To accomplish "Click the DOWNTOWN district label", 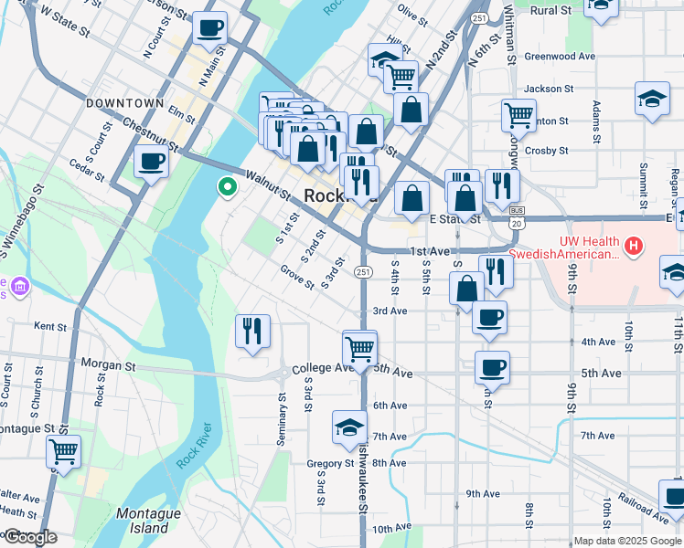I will pyautogui.click(x=124, y=103).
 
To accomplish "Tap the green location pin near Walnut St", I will pyautogui.click(x=226, y=187).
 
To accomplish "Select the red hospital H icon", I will pyautogui.click(x=632, y=246).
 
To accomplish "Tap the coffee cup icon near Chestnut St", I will pyautogui.click(x=151, y=162).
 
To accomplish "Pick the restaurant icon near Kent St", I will pyautogui.click(x=252, y=331).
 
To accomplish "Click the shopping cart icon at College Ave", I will pyautogui.click(x=359, y=348).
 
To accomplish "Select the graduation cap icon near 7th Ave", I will pyautogui.click(x=348, y=427).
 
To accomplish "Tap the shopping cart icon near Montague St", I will pyautogui.click(x=63, y=450).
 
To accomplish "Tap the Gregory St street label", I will pyautogui.click(x=330, y=464).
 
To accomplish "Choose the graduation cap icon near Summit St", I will pyautogui.click(x=651, y=100).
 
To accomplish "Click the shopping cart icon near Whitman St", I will pyautogui.click(x=518, y=115).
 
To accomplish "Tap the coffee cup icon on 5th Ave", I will pyautogui.click(x=492, y=367).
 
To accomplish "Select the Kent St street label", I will pyautogui.click(x=50, y=326).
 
